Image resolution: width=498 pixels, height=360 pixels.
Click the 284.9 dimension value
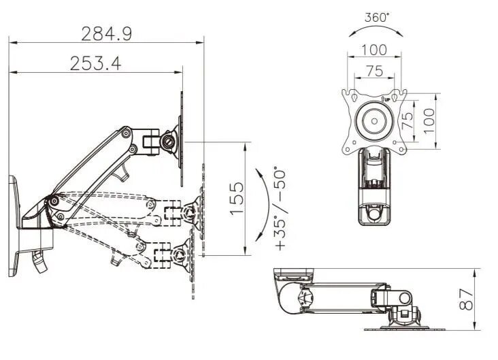pyautogui.click(x=106, y=33)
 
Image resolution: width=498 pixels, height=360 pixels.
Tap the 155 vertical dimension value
pyautogui.click(x=235, y=198)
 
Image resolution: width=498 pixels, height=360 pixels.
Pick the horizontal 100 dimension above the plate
pyautogui.click(x=373, y=50)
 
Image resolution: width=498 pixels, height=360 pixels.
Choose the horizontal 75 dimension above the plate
pyautogui.click(x=373, y=71)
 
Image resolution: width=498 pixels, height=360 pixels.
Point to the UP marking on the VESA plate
pyautogui.click(x=386, y=100)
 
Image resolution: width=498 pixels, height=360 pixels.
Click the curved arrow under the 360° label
pyautogui.click(x=375, y=30)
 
